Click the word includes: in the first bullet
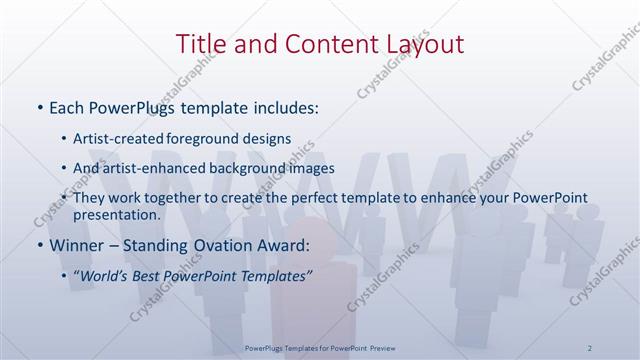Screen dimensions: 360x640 tap(284, 106)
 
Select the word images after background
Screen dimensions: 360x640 tap(307, 168)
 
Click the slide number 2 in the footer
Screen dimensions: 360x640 tap(591, 347)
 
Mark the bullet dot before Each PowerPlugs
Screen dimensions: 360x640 tap(38, 106)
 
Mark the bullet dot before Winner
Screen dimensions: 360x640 tap(38, 244)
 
